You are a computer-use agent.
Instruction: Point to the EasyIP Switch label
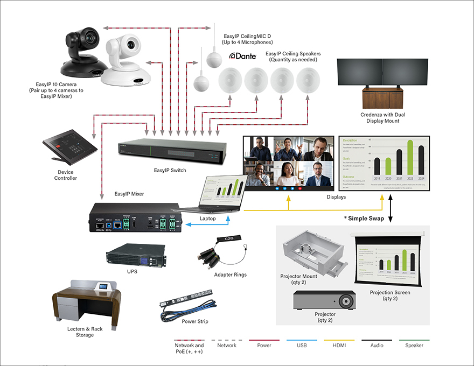pyautogui.click(x=169, y=171)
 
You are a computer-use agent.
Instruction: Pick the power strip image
pyautogui.click(x=186, y=305)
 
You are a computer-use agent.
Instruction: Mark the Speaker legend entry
pyautogui.click(x=414, y=345)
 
